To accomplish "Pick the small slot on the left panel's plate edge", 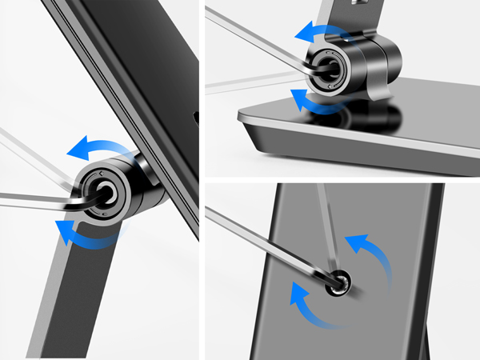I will (194, 120).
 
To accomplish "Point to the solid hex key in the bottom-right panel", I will (264, 240).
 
